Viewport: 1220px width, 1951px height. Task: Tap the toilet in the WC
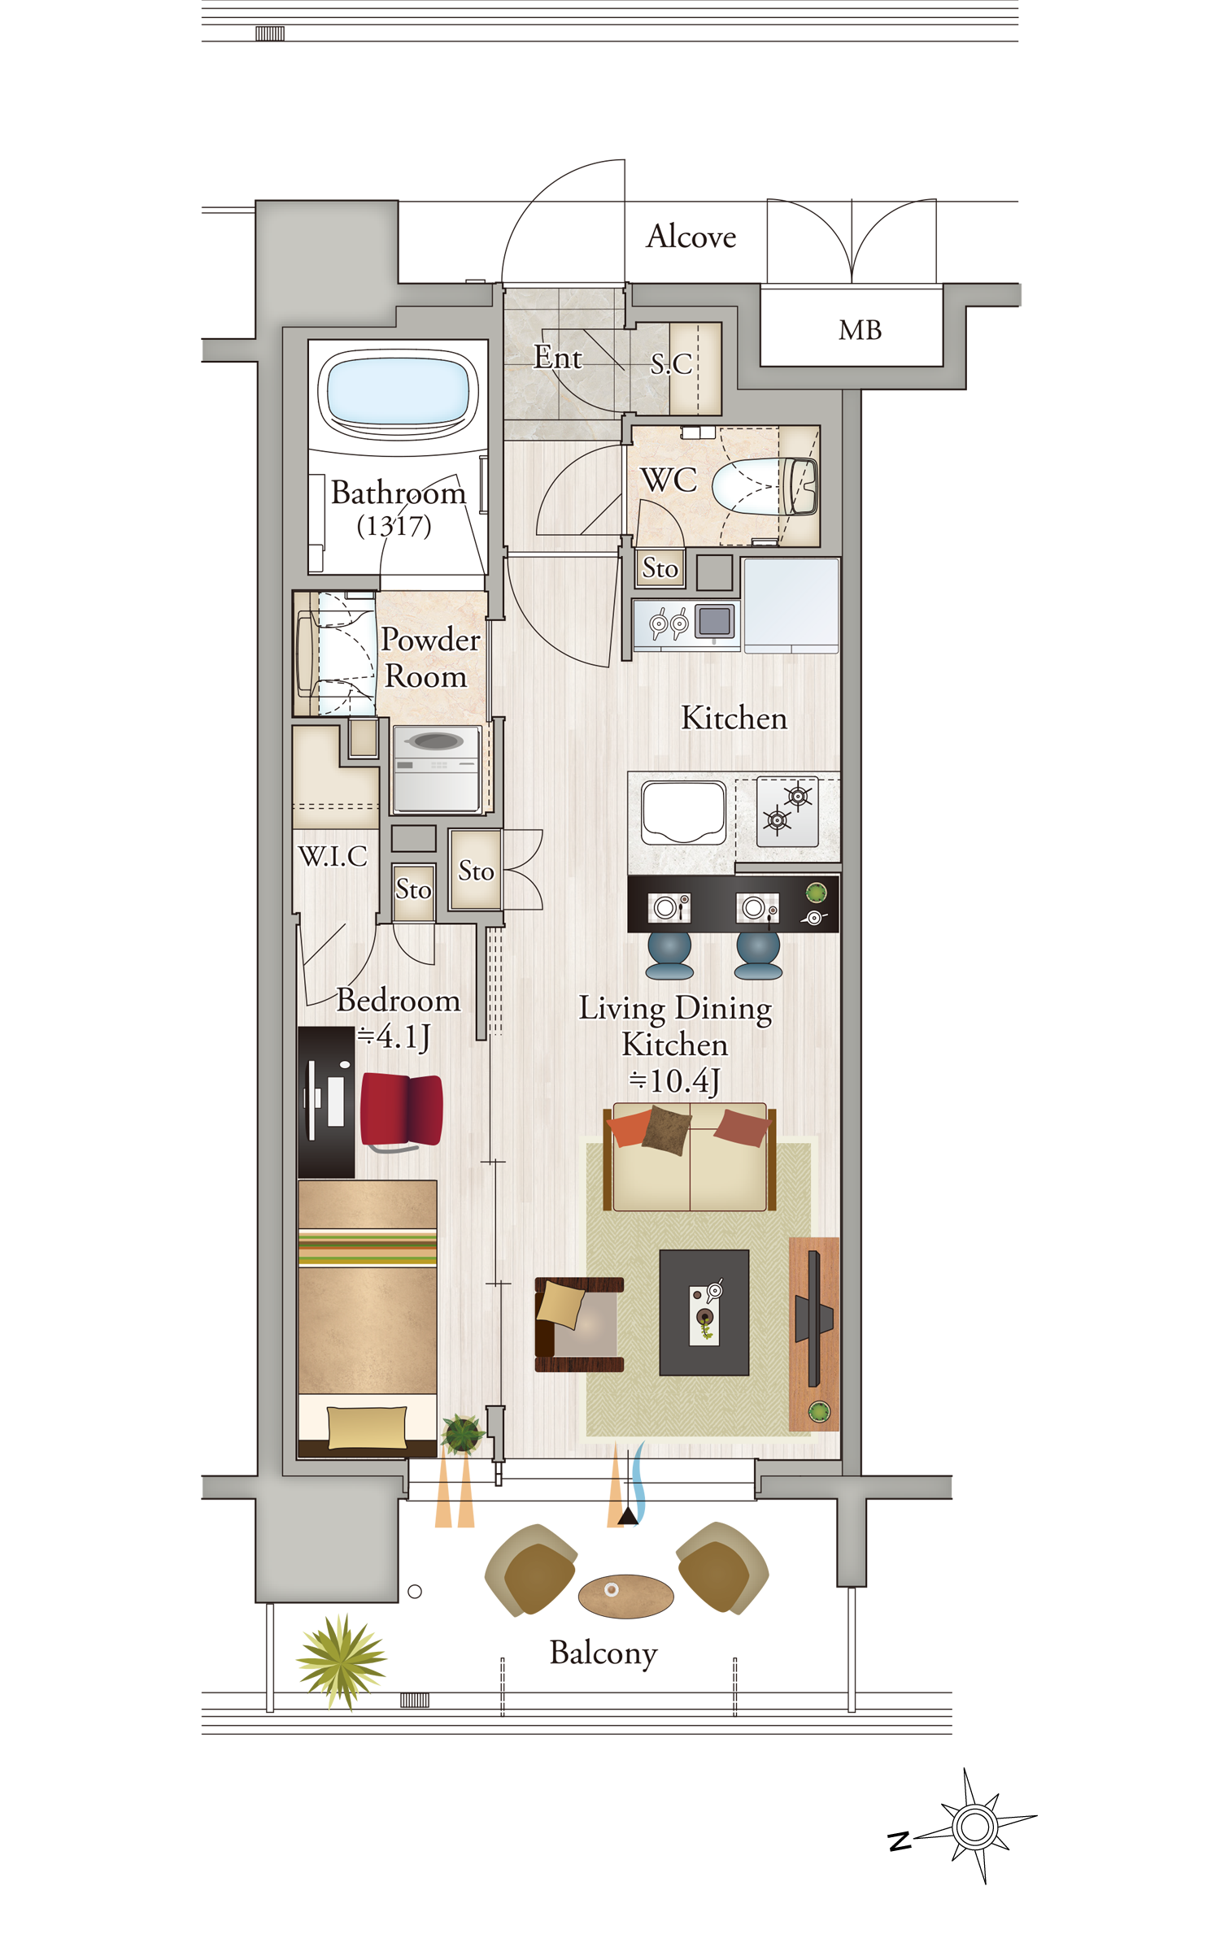point(765,487)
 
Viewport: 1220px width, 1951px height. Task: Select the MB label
point(860,330)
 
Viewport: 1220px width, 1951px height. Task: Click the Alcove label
point(691,237)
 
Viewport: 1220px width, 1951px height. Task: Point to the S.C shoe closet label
point(671,363)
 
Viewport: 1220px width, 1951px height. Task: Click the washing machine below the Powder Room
point(437,769)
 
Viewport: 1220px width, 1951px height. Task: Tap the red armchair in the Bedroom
point(401,1110)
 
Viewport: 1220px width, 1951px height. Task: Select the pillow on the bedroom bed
point(367,1427)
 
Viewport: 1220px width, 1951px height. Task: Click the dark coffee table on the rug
point(704,1312)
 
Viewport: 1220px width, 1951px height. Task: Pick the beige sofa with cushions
point(690,1156)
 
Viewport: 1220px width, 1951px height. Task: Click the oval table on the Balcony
point(625,1596)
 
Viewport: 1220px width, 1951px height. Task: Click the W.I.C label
point(333,856)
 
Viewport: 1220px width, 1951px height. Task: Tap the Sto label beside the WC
point(660,568)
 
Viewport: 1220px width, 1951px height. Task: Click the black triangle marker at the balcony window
point(628,1515)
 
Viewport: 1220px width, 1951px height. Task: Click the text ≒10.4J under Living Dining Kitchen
point(674,1081)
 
